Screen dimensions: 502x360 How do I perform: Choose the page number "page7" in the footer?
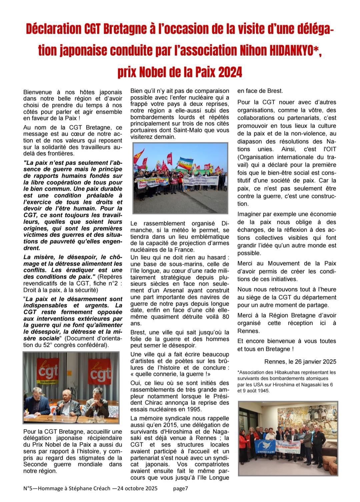pos(181,489)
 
